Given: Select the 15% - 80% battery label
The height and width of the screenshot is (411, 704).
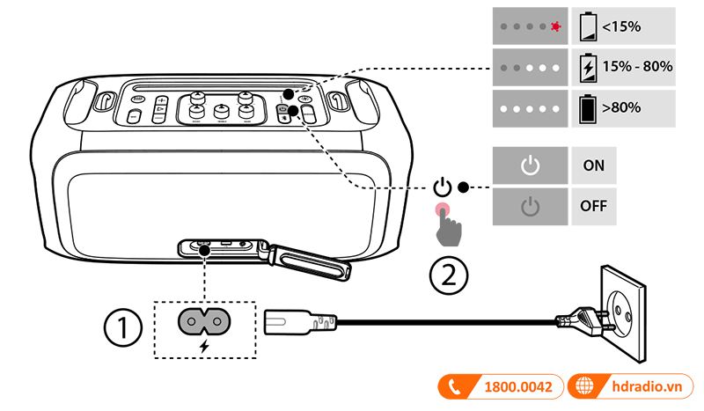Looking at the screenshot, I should tap(637, 67).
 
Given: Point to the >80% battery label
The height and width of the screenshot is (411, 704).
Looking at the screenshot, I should tap(620, 107).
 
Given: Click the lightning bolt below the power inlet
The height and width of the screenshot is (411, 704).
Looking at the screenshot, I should tap(205, 346).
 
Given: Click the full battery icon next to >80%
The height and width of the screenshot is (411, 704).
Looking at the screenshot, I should tap(586, 107).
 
